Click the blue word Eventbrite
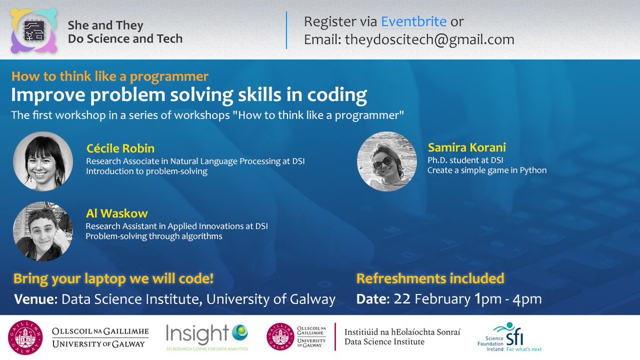click(x=414, y=22)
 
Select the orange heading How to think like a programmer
click(x=110, y=76)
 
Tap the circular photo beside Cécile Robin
click(x=43, y=161)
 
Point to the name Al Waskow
click(x=109, y=214)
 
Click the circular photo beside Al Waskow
click(x=43, y=231)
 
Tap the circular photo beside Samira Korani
click(x=387, y=162)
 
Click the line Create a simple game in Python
click(x=487, y=171)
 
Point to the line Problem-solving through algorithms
click(x=154, y=236)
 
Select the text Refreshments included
click(x=430, y=278)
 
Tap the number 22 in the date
click(x=401, y=299)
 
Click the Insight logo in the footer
click(x=207, y=337)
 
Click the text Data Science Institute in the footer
click(x=385, y=342)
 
